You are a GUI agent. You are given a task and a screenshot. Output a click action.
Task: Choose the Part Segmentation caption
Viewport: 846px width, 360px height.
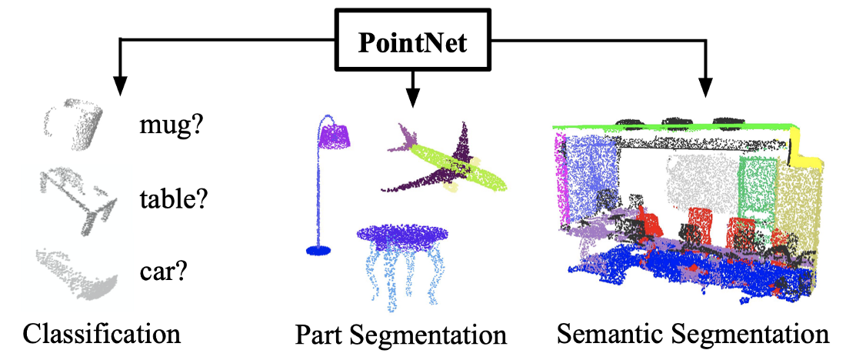pyautogui.click(x=401, y=335)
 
